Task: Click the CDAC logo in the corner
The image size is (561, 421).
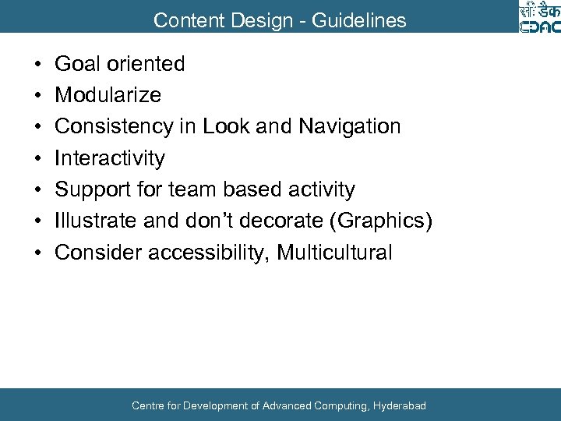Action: coord(538,17)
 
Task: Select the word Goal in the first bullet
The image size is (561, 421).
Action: coord(77,64)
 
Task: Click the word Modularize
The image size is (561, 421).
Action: coord(108,95)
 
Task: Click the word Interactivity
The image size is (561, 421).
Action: coord(110,158)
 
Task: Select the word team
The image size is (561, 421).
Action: coord(189,189)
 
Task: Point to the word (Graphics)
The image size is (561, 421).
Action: coord(381,221)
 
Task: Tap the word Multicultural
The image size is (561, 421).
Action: coord(335,253)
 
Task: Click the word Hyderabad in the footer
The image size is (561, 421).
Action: coord(400,405)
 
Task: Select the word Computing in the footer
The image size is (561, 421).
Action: coord(343,405)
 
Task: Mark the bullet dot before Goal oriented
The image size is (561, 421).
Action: coord(38,64)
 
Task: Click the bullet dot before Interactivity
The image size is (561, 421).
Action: coord(38,158)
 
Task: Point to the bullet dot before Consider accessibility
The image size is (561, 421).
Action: coord(38,253)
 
